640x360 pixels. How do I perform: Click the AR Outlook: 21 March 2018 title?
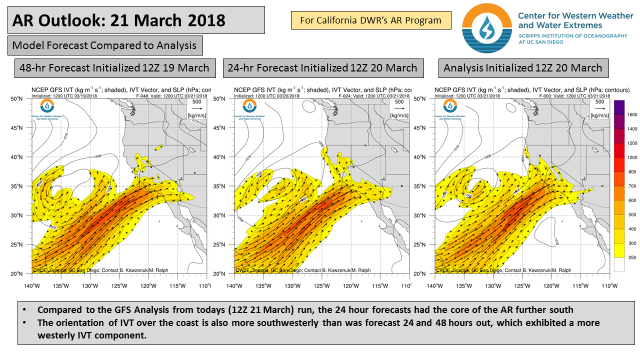click(x=118, y=20)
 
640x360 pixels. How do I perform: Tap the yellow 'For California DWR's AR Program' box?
click(x=370, y=20)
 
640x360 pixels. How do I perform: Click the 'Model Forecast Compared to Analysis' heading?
click(x=104, y=45)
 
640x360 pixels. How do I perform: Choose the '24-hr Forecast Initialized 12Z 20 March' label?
click(x=322, y=67)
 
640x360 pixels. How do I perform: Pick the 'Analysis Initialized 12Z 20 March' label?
click(x=523, y=67)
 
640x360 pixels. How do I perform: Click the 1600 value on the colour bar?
click(x=632, y=114)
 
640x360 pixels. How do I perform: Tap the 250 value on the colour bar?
click(x=632, y=257)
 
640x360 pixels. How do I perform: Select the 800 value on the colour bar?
click(x=632, y=171)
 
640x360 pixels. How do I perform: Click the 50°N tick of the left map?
click(x=23, y=98)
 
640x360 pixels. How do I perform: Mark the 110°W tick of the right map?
click(x=609, y=286)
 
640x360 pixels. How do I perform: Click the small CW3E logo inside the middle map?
click(x=248, y=105)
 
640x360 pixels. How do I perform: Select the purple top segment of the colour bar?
click(x=618, y=107)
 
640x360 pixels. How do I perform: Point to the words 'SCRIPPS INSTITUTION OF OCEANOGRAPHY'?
click(x=572, y=36)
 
